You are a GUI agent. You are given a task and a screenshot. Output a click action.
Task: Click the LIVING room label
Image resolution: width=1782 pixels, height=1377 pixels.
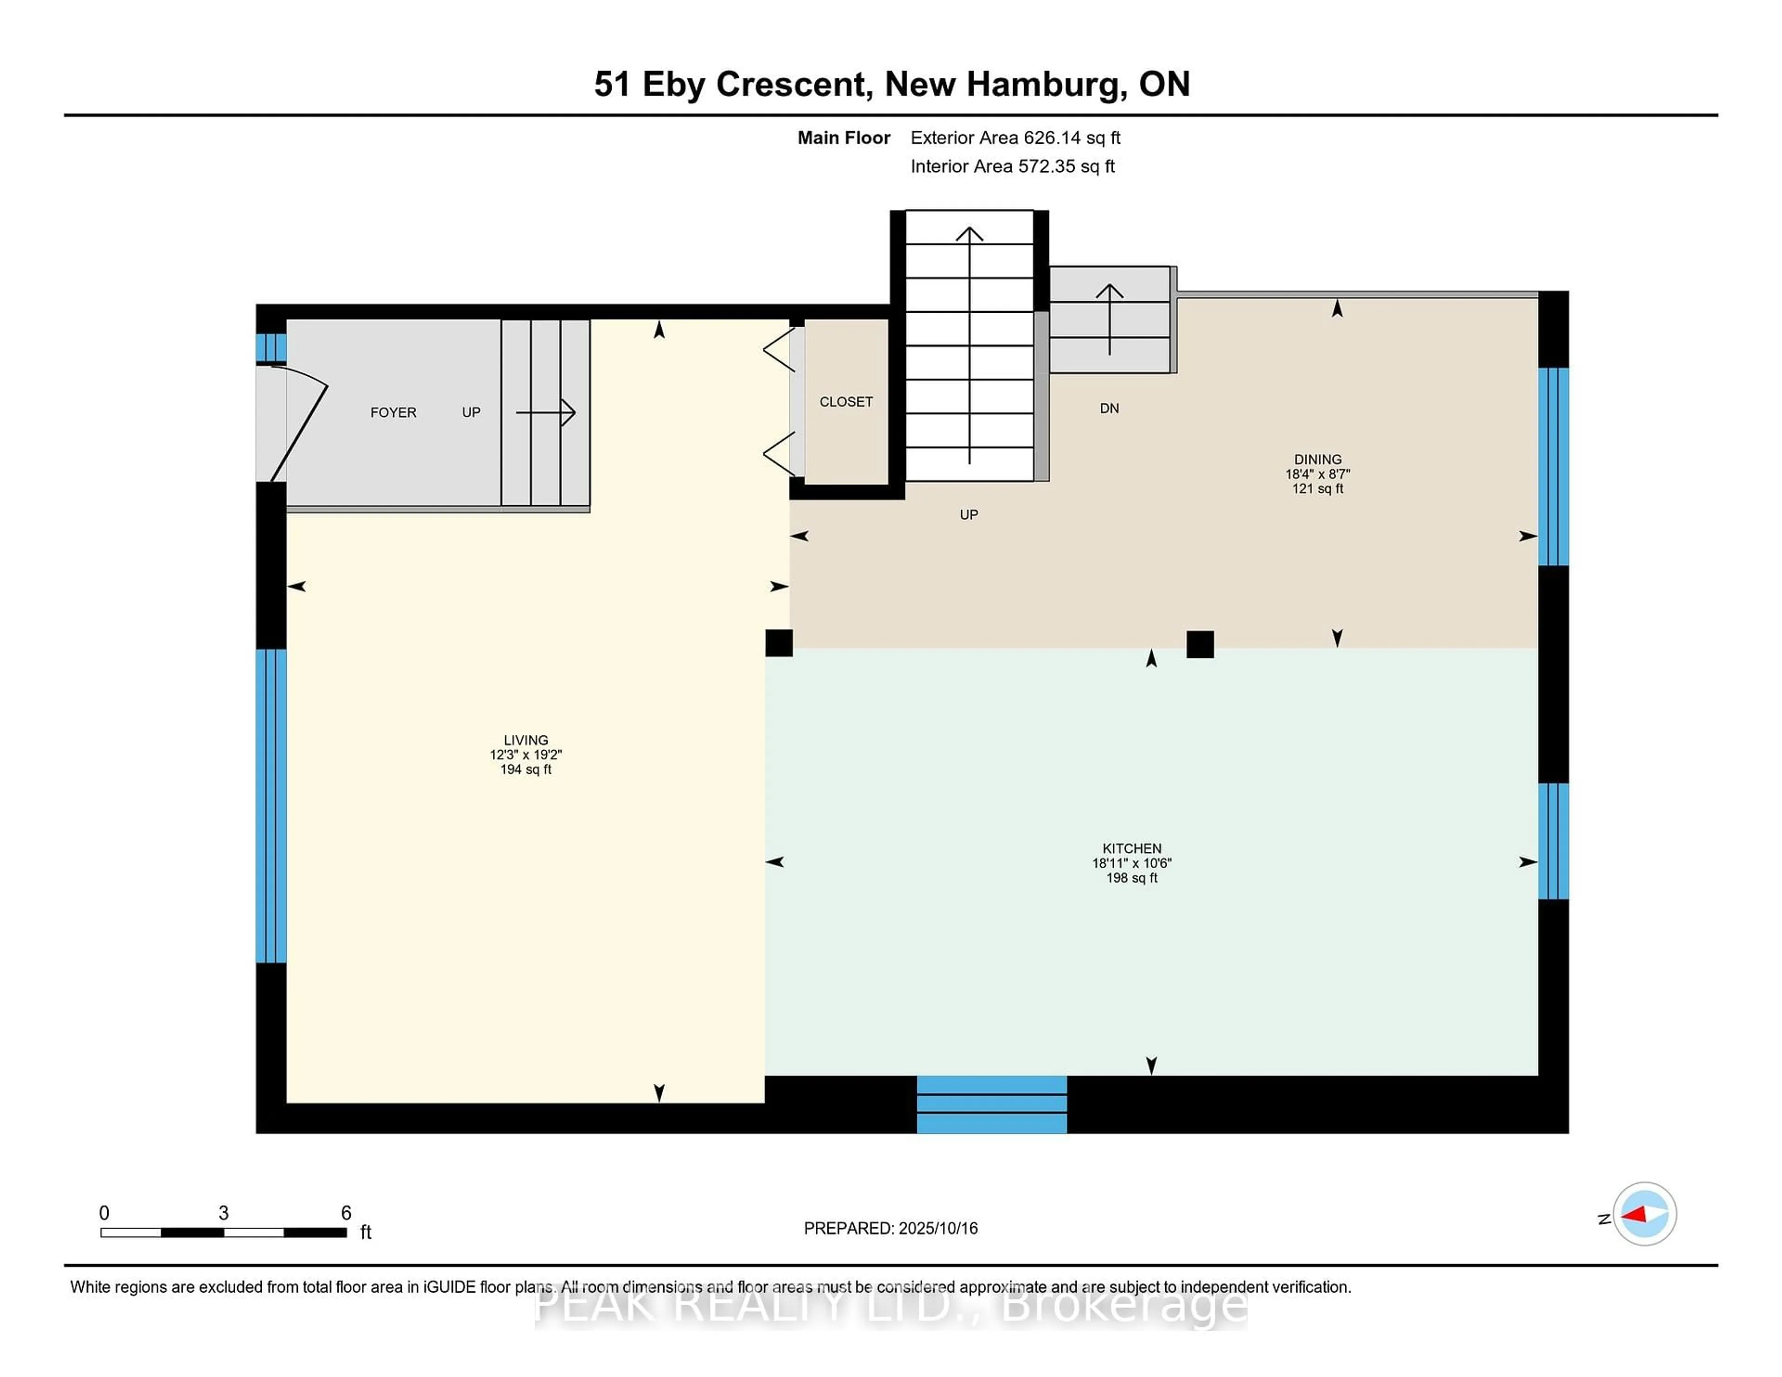click(525, 740)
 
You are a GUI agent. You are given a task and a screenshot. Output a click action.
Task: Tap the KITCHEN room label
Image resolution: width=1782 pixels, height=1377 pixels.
click(1132, 849)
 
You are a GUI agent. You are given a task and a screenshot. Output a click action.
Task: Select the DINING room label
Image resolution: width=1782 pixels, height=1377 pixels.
click(1318, 459)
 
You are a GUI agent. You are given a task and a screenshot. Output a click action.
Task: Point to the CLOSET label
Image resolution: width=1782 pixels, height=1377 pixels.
click(846, 401)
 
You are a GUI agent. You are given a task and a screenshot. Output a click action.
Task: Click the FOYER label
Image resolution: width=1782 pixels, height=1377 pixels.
click(393, 412)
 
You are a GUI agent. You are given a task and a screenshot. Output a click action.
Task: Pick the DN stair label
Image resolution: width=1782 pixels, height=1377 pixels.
click(1109, 408)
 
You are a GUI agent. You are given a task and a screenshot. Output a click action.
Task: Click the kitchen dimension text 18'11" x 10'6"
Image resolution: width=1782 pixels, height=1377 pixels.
click(1132, 863)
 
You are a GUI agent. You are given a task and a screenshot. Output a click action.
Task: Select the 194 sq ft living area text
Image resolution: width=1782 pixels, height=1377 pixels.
click(525, 769)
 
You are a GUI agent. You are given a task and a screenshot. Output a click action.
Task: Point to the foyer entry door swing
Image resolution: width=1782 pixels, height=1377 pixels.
click(299, 423)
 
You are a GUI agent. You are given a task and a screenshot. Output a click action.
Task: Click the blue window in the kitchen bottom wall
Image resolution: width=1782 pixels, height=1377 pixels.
click(991, 1104)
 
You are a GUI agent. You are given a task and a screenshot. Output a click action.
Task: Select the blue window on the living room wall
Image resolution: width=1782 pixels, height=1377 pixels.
click(271, 806)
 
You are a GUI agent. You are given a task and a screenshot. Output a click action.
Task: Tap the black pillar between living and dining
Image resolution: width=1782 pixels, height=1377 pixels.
click(778, 643)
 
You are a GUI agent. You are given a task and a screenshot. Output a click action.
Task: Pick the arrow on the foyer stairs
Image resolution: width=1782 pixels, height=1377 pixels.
click(545, 412)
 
